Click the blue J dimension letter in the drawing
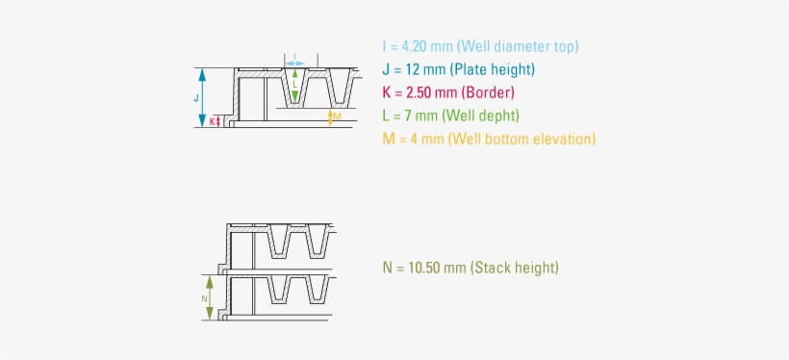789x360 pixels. click(x=196, y=97)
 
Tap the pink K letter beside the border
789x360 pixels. click(x=212, y=121)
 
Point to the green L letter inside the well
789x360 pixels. click(x=295, y=84)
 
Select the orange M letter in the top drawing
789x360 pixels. click(x=336, y=116)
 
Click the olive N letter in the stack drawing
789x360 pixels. click(x=204, y=298)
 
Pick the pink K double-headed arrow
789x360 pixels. click(x=219, y=121)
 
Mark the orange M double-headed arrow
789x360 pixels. click(x=329, y=116)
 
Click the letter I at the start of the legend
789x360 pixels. click(x=384, y=46)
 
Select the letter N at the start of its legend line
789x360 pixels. click(x=387, y=268)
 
